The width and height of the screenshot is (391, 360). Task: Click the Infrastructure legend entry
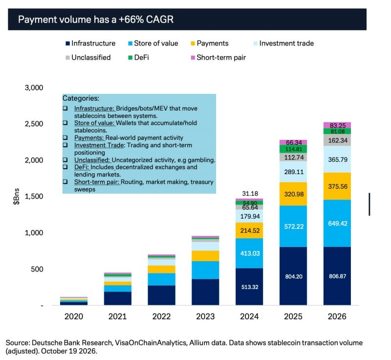click(x=90, y=44)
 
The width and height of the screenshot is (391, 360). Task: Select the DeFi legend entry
click(x=138, y=58)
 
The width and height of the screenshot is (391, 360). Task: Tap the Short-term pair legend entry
click(x=218, y=58)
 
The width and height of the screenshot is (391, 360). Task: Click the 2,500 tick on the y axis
click(x=34, y=124)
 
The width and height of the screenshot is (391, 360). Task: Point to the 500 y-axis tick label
click(x=37, y=269)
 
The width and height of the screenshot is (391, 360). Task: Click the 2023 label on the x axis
click(x=205, y=316)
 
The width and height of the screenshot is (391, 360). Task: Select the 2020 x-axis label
click(x=74, y=316)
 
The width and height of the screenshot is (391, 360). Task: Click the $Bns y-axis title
click(x=16, y=197)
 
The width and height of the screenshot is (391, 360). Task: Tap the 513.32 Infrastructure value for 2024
click(x=250, y=287)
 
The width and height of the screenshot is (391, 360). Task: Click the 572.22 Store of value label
click(x=294, y=226)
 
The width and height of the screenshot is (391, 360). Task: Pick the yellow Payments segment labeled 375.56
click(x=337, y=186)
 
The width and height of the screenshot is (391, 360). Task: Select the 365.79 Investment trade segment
click(x=337, y=159)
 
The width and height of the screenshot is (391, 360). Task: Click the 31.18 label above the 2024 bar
click(x=250, y=194)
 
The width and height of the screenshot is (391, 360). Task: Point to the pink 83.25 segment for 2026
click(x=337, y=125)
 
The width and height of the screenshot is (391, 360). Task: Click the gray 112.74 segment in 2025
click(x=293, y=157)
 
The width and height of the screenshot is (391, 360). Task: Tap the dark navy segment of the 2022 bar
click(x=161, y=295)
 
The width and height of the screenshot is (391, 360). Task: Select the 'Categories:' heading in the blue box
click(x=81, y=98)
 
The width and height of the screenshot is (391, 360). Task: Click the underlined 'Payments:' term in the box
click(x=89, y=138)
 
